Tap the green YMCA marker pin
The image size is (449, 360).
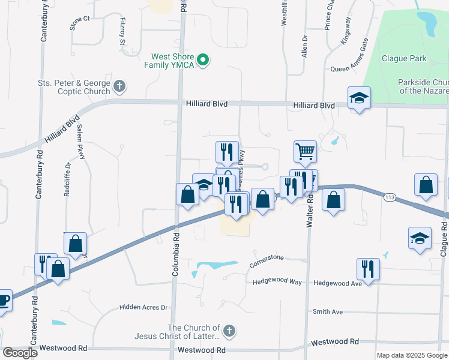click(x=203, y=59)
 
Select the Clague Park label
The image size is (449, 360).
click(x=403, y=59)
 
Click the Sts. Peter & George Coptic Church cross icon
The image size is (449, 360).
click(x=119, y=86)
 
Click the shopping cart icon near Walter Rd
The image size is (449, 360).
click(x=305, y=151)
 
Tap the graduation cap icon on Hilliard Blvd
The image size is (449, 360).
click(x=359, y=97)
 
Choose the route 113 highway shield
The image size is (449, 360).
click(x=390, y=197)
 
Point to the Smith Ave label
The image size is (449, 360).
click(x=327, y=312)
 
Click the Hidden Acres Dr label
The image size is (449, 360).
click(x=143, y=307)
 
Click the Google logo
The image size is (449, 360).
click(x=20, y=353)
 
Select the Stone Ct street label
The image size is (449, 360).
click(x=79, y=23)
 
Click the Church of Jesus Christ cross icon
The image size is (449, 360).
click(x=229, y=330)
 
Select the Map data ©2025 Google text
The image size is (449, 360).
click(x=412, y=355)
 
